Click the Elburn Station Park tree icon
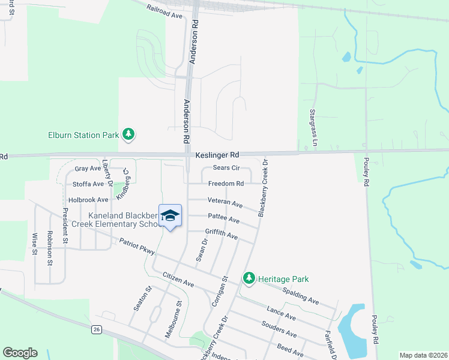point(128,135)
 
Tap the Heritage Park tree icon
point(249,278)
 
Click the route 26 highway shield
point(96,329)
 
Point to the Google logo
point(20,353)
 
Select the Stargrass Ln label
point(313,127)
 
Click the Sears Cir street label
point(226,169)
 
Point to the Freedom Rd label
point(226,184)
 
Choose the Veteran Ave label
point(225,202)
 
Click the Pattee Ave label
point(223,218)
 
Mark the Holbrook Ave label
point(88,199)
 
